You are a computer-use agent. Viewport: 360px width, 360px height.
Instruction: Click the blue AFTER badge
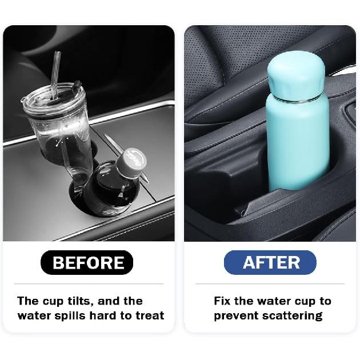[271, 262]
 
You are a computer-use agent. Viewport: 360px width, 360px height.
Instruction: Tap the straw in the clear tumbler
[55, 71]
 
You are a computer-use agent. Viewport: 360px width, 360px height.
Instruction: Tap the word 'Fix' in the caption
[223, 301]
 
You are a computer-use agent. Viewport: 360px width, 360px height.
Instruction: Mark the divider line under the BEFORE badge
[89, 283]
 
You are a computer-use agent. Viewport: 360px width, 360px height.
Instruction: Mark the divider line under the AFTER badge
[270, 283]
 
